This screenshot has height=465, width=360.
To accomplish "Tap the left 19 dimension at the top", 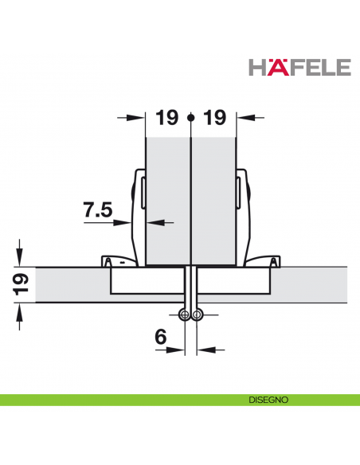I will [166, 118].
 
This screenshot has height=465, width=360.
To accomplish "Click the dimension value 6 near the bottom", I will [160, 338].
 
